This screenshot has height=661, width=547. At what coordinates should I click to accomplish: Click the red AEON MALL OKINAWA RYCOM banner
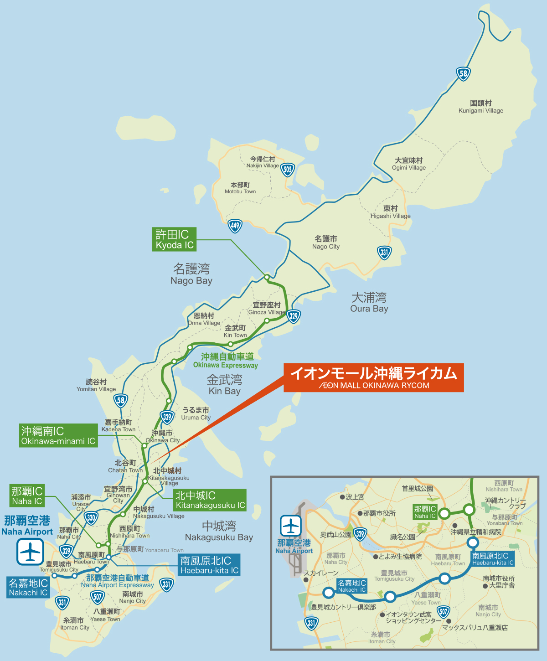pyautogui.click(x=373, y=377)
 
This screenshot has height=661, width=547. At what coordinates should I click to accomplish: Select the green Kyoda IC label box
pyautogui.click(x=174, y=239)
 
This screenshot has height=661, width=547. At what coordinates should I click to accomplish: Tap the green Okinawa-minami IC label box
pyautogui.click(x=58, y=435)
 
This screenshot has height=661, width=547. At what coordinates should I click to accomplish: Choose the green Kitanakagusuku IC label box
pyautogui.click(x=210, y=500)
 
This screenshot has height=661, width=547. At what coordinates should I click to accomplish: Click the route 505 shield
pyautogui.click(x=287, y=170)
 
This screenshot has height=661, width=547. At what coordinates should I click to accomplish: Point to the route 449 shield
pyautogui.click(x=235, y=225)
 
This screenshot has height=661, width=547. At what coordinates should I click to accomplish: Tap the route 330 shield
pyautogui.click(x=91, y=518)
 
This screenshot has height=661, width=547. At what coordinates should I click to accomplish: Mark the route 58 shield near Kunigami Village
pyautogui.click(x=463, y=73)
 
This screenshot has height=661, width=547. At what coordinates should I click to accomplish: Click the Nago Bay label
pyautogui.click(x=191, y=274)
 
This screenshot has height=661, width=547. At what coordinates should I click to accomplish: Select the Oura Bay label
pyautogui.click(x=369, y=303)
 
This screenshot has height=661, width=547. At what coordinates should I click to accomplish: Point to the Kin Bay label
pyautogui.click(x=224, y=385)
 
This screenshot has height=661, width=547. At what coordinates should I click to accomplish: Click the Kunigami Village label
pyautogui.click(x=481, y=107)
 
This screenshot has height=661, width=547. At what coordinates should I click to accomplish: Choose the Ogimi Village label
pyautogui.click(x=409, y=164)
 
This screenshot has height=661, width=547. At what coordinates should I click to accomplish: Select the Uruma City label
pyautogui.click(x=196, y=413)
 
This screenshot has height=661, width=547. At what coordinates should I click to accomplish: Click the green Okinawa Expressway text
pyautogui.click(x=226, y=361)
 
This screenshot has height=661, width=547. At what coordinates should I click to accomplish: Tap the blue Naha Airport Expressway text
pyautogui.click(x=118, y=581)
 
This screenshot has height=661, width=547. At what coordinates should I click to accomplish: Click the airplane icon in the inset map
pyautogui.click(x=291, y=527)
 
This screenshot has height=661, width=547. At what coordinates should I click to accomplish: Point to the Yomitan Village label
pyautogui.click(x=96, y=385)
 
